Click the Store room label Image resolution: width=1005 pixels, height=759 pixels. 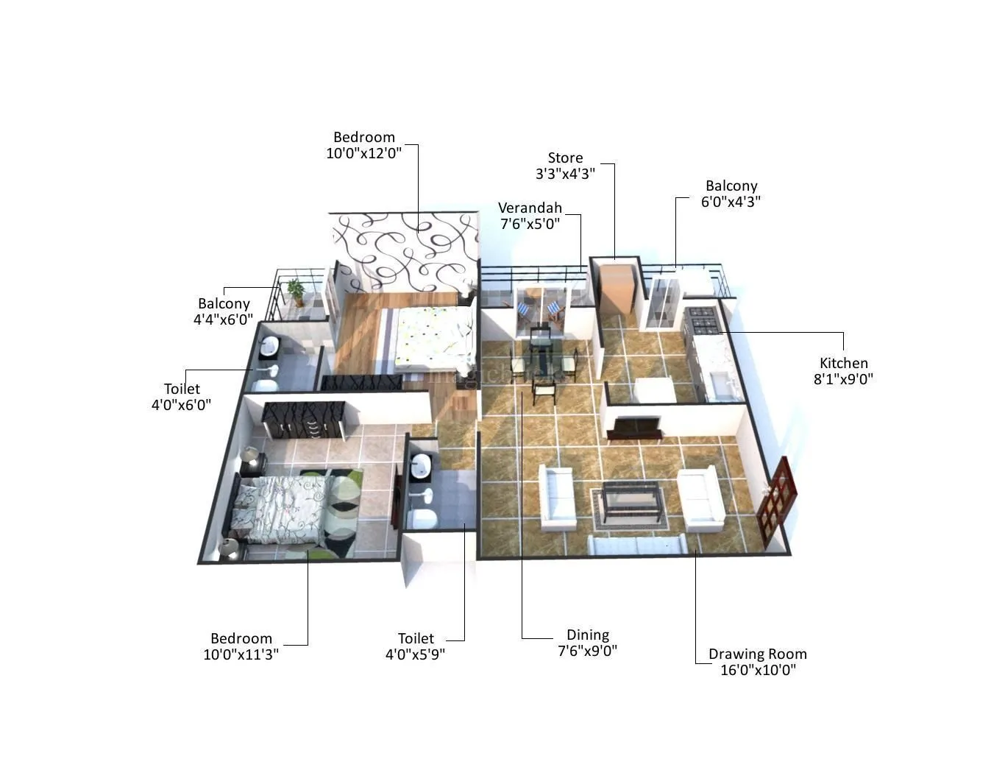(x=565, y=158)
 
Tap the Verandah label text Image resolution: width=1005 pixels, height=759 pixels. (x=530, y=208)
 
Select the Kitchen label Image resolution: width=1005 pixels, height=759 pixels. (x=843, y=363)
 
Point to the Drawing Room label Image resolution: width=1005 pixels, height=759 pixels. (x=757, y=654)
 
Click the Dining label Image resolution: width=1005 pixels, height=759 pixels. (x=587, y=635)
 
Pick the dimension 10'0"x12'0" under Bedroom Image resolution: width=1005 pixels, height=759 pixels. (x=363, y=153)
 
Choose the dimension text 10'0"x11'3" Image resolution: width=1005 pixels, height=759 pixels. (x=241, y=654)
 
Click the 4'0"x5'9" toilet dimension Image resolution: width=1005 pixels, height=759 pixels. (x=415, y=654)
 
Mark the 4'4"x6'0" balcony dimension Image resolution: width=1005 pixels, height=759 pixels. (x=223, y=320)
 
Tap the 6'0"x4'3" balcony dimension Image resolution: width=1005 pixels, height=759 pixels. (x=731, y=202)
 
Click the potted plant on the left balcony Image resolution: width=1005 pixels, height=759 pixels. (x=296, y=291)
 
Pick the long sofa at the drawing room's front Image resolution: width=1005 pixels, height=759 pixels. (x=637, y=545)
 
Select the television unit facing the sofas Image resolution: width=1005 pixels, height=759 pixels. (x=637, y=427)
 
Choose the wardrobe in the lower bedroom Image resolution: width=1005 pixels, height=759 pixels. (x=303, y=420)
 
